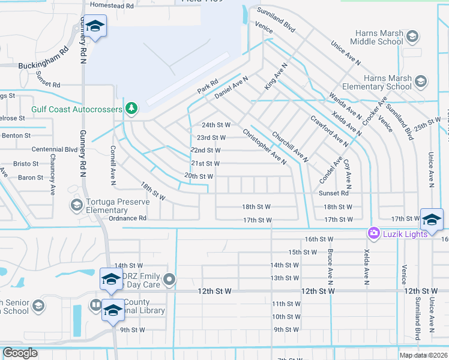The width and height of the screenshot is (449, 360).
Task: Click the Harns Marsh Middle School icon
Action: [412, 38]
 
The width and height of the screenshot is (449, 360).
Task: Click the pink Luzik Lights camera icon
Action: [374, 233]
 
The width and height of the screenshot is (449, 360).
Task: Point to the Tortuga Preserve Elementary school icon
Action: [76, 206]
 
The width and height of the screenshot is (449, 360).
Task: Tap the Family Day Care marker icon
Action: [170, 280]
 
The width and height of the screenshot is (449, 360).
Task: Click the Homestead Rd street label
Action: [112, 5]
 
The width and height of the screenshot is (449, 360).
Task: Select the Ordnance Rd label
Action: [127, 219]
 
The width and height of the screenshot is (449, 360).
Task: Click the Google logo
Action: [20, 353]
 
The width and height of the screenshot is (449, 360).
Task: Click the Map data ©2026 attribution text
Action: [423, 355]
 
